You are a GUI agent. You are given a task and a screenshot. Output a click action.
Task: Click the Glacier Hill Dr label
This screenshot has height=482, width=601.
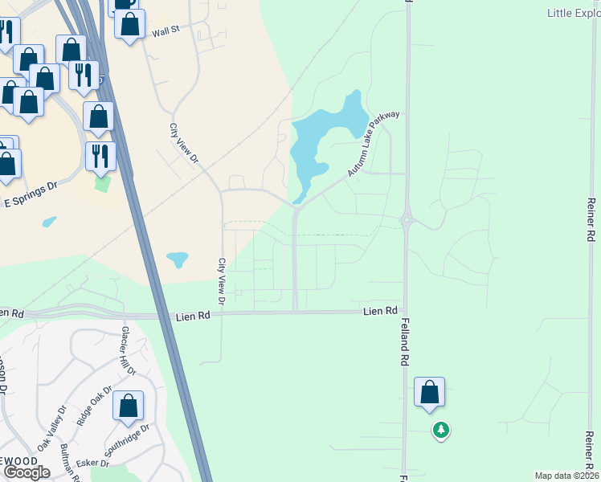(x=129, y=351)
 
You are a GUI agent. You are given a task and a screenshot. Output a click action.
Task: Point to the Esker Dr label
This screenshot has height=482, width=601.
(x=93, y=463)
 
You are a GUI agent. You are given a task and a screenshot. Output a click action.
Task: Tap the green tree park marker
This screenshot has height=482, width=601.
(x=440, y=431)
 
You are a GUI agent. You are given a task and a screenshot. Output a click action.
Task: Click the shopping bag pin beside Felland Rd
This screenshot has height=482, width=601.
(x=430, y=393)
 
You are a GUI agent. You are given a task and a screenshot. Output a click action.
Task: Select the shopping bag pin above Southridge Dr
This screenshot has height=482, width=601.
(x=129, y=406)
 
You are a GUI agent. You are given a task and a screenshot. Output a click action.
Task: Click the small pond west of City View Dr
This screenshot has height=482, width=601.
(x=178, y=259)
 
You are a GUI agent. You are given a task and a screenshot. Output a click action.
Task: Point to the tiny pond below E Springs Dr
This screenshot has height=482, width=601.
(x=49, y=221)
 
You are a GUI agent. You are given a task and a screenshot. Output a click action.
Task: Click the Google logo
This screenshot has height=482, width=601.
(x=27, y=472)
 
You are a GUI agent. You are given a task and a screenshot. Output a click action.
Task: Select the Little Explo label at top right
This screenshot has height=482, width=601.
(x=573, y=13)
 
